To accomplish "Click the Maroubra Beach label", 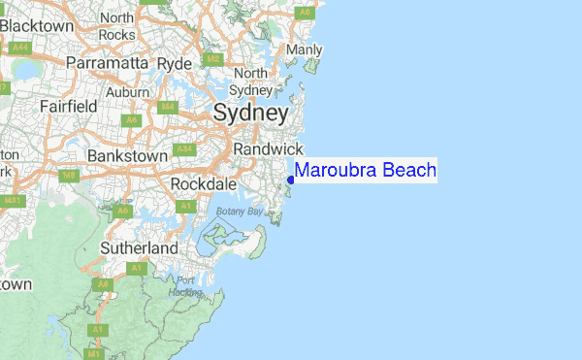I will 366,171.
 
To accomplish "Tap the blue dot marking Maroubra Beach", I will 291,180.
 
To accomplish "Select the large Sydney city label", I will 250,114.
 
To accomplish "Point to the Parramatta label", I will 107,63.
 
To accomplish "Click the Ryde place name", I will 176,63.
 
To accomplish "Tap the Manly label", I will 305,49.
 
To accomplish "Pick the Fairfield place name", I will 67,105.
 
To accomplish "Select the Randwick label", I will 269,148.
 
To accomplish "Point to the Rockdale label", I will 203,183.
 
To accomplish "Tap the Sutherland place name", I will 140,248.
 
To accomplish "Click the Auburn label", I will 128,91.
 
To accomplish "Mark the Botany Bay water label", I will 240,211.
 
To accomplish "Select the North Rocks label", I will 116,26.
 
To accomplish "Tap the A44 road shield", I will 20,47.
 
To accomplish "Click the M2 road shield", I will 214,59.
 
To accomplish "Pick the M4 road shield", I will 167,107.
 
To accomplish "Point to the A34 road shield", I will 184,150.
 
